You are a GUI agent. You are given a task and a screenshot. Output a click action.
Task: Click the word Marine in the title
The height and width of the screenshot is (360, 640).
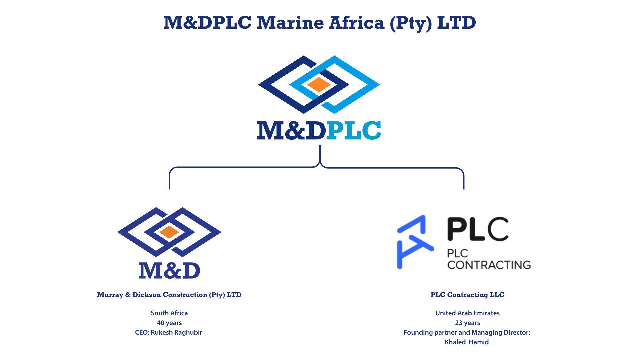click(x=290, y=23)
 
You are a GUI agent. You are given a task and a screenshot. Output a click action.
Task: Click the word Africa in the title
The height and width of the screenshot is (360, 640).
click(x=357, y=23)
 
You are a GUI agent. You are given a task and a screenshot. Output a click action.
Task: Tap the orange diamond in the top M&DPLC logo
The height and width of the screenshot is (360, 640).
click(x=319, y=85)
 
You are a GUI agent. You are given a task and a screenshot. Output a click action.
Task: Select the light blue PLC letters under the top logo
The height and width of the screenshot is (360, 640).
click(x=354, y=130)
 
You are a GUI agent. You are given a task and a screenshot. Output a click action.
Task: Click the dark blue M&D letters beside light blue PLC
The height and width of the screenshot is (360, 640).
click(x=291, y=130)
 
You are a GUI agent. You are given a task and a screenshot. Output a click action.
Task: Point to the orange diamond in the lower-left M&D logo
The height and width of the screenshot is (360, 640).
click(x=169, y=232)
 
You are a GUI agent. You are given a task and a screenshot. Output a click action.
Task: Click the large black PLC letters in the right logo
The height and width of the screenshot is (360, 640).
click(x=478, y=229)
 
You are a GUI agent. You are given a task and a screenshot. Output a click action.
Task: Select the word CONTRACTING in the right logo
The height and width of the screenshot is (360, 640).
click(x=489, y=265)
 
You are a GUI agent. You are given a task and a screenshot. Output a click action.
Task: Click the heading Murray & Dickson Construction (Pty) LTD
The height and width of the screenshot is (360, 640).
click(x=169, y=295)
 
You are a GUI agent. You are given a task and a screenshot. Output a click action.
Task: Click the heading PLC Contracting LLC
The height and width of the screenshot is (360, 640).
click(x=467, y=295)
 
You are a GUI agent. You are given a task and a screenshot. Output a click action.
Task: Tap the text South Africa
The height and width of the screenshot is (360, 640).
click(x=169, y=313)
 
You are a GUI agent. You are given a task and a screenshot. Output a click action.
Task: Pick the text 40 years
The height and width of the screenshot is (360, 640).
click(x=169, y=323)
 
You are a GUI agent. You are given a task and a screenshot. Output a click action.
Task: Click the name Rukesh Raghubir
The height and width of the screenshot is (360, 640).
click(x=176, y=332)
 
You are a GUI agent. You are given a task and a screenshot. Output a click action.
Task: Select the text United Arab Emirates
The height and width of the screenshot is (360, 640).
click(x=467, y=313)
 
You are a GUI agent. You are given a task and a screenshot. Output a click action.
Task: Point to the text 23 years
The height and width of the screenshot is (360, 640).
click(x=467, y=323)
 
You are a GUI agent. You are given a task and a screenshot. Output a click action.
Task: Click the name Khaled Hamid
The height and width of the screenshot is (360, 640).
click(x=467, y=342)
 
